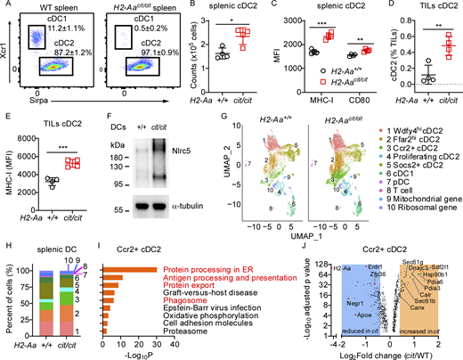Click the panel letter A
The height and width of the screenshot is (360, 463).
pos(4,6)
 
